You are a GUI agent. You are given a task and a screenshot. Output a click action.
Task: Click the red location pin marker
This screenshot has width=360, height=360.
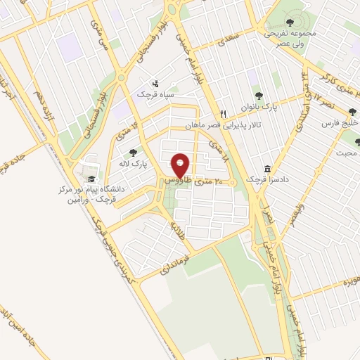pyautogui.click(x=181, y=165)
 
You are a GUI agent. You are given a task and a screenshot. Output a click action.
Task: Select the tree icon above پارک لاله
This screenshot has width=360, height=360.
pyautogui.click(x=133, y=153)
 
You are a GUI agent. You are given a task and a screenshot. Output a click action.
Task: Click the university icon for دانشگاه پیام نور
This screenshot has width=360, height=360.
pyautogui.click(x=91, y=179)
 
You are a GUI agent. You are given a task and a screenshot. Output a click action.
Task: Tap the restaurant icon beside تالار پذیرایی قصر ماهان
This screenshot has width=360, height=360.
pyautogui.click(x=223, y=113)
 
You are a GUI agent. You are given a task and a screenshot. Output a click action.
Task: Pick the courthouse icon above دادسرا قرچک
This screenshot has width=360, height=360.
pyautogui.click(x=268, y=169)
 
